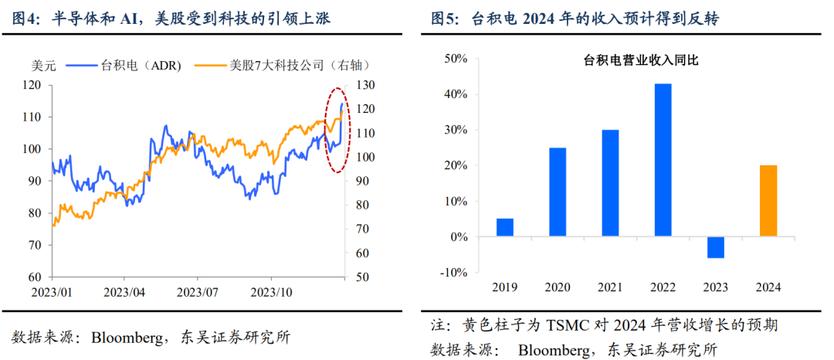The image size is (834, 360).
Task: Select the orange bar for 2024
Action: tap(768, 201)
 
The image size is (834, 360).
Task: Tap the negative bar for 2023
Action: tap(716, 247)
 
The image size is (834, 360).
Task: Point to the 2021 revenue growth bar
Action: tap(610, 183)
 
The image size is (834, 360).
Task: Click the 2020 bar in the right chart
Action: tap(558, 192)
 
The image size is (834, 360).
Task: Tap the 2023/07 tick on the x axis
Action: tap(200, 293)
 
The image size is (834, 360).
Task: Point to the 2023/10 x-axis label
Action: tap(273, 293)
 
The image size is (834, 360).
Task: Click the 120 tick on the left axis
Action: tap(34, 85)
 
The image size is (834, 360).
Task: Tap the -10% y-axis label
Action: tap(456, 273)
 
